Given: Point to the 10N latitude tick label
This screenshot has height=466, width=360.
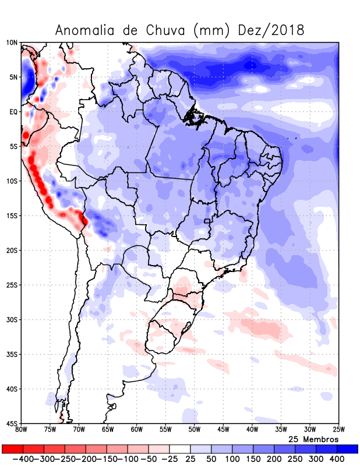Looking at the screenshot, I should click(12, 43).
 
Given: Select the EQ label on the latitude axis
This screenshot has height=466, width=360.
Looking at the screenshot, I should click(13, 112).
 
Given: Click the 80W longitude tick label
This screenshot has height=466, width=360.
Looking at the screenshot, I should click(21, 430).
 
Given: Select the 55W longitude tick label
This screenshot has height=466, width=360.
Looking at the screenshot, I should click(165, 430).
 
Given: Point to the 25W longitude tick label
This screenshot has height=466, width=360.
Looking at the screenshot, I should click(338, 430).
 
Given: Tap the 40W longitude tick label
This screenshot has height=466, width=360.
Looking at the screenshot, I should click(252, 430).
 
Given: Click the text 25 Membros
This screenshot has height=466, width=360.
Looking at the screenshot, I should click(313, 439).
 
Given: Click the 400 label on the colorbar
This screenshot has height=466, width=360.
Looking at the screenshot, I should click(337, 460).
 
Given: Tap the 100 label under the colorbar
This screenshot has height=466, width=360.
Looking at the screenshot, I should click(232, 460).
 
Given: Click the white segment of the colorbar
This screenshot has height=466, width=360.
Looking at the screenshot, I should click(180, 449).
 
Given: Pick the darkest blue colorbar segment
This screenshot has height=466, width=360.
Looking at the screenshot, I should click(348, 449).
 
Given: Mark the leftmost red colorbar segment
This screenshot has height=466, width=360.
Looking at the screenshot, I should click(12, 449).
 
